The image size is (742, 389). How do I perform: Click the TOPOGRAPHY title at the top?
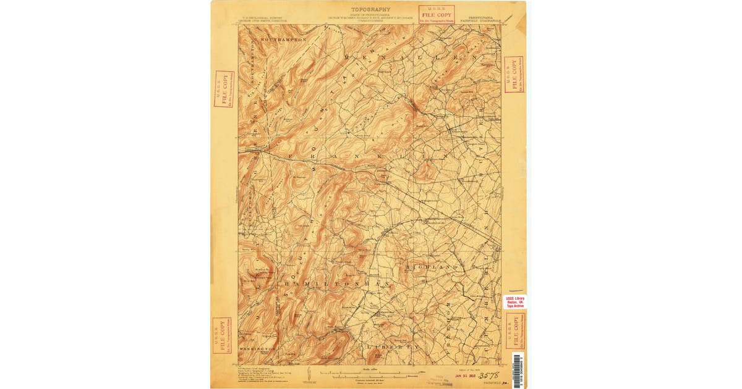pyautogui.click(x=370, y=10)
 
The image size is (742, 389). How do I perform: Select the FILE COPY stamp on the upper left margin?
pyautogui.click(x=224, y=89)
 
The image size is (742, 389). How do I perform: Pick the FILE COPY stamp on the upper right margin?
pyautogui.click(x=514, y=75)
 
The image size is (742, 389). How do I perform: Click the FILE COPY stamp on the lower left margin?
pyautogui.click(x=221, y=335)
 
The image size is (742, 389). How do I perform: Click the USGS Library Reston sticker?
pyautogui.click(x=515, y=302)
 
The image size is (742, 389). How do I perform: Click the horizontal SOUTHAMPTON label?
pyautogui.click(x=283, y=40)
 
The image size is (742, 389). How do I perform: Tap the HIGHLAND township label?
pyautogui.click(x=432, y=267)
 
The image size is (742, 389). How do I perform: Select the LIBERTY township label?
pyautogui.click(x=388, y=348)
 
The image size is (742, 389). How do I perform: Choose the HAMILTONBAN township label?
pyautogui.click(x=337, y=283)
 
